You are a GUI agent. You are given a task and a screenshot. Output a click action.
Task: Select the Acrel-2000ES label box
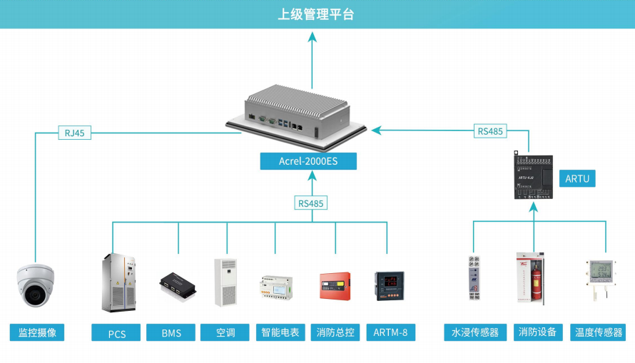308,161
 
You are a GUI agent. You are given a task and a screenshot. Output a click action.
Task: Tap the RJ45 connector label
75,132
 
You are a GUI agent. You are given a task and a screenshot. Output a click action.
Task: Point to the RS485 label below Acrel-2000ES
310,203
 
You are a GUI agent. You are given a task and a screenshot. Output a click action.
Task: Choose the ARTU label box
577,178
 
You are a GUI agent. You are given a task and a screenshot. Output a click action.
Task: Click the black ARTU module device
534,175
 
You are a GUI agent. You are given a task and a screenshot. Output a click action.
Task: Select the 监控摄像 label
36,332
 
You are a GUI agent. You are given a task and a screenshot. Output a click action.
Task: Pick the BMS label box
171,333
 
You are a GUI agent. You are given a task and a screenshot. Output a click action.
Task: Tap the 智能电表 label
280,332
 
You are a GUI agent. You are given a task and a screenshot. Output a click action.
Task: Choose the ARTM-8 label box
390,332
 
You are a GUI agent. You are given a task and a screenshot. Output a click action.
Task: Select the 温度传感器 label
598,332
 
